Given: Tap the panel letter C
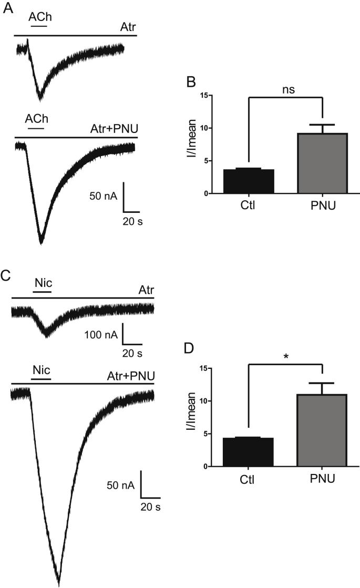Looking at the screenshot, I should pos(7,275).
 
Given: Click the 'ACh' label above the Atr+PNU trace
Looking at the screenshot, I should pos(36,119).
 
